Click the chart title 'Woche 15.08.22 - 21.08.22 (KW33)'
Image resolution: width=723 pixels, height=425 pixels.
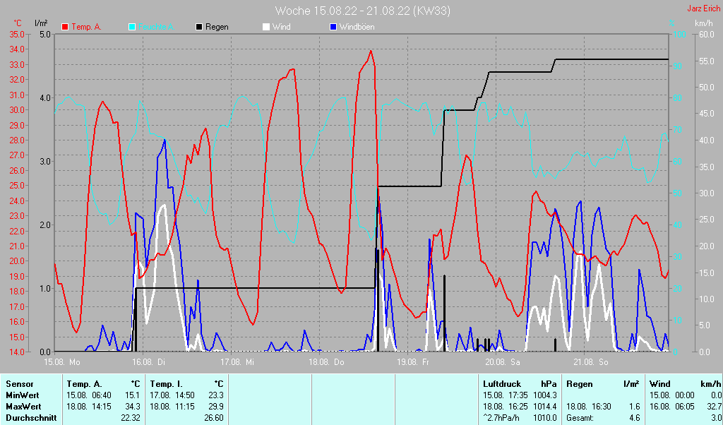coord(363,11)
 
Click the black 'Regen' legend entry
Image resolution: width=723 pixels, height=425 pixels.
coord(216,27)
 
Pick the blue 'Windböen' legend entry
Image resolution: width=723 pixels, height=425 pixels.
coord(357,27)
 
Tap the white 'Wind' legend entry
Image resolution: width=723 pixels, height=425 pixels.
coord(281,27)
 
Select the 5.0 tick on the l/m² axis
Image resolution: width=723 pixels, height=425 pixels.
coord(44,34)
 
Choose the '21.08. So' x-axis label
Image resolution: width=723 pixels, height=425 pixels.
coord(591,362)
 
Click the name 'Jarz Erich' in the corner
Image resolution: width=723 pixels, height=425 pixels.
coord(704,9)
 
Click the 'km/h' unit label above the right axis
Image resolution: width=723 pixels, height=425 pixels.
coord(704,23)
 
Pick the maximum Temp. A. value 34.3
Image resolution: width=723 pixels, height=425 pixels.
coord(132,406)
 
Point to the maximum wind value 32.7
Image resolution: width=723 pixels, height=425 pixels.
coord(712,406)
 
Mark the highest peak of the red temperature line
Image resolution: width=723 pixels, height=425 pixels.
coord(371,51)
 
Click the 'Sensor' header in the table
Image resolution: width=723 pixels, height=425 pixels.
coord(19,383)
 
